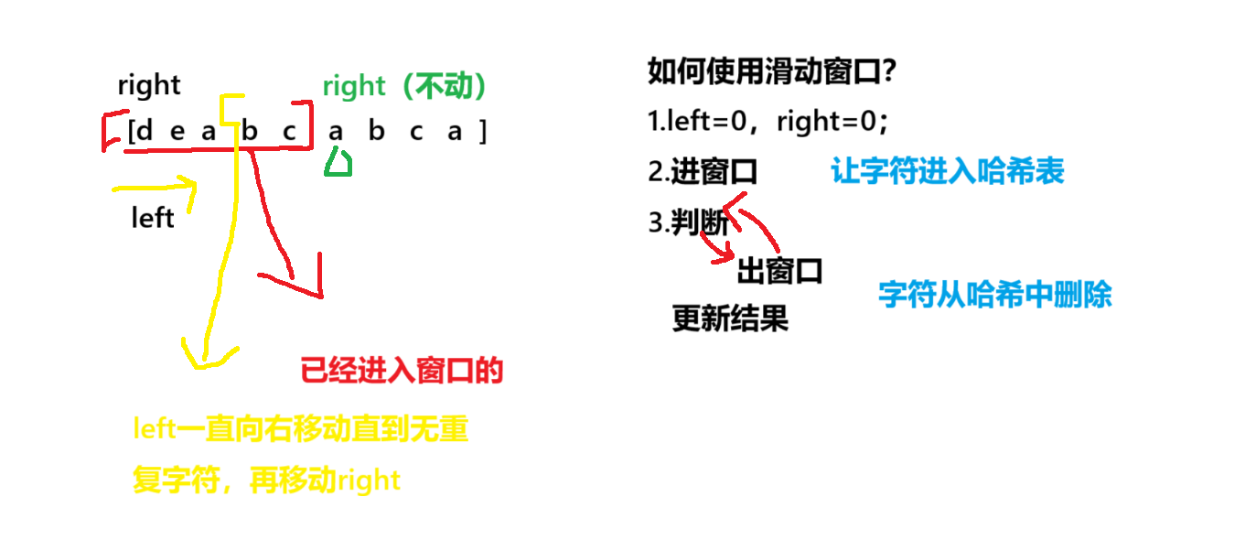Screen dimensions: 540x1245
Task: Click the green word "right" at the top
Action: point(354,88)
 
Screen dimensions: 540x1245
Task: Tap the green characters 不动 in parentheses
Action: point(443,87)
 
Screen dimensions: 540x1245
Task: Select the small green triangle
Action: point(338,163)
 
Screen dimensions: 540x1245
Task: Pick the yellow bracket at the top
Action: point(231,108)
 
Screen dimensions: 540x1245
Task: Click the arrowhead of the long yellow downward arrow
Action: point(207,357)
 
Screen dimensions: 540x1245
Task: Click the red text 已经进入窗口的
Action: point(401,371)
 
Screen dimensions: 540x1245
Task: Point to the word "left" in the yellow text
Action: point(154,428)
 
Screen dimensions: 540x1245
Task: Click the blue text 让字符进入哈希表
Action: point(947,171)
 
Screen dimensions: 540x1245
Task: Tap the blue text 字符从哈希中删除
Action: point(994,295)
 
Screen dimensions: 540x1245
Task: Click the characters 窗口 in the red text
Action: point(445,371)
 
